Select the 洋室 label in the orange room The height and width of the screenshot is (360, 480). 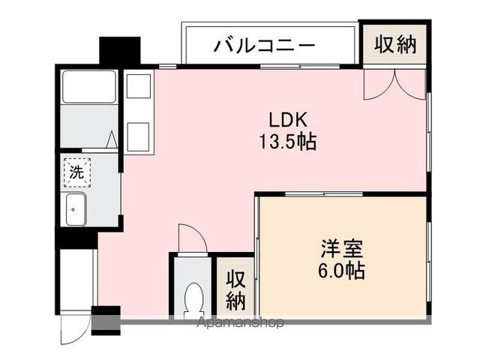coord(342,247)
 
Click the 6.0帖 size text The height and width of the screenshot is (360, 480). coord(342,270)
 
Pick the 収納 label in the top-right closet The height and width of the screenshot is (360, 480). coord(395,45)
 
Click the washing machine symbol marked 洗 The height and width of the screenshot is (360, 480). coord(76,172)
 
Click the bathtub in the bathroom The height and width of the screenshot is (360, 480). coord(89,86)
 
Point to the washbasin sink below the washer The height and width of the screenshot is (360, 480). coord(76,208)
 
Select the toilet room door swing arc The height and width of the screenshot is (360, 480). coord(193,240)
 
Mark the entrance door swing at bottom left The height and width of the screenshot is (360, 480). coord(75,328)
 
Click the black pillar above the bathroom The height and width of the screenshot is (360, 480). coord(120,50)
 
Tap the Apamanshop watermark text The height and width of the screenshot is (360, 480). coord(240,323)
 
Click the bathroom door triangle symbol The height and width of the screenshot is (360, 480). coord(111,139)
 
